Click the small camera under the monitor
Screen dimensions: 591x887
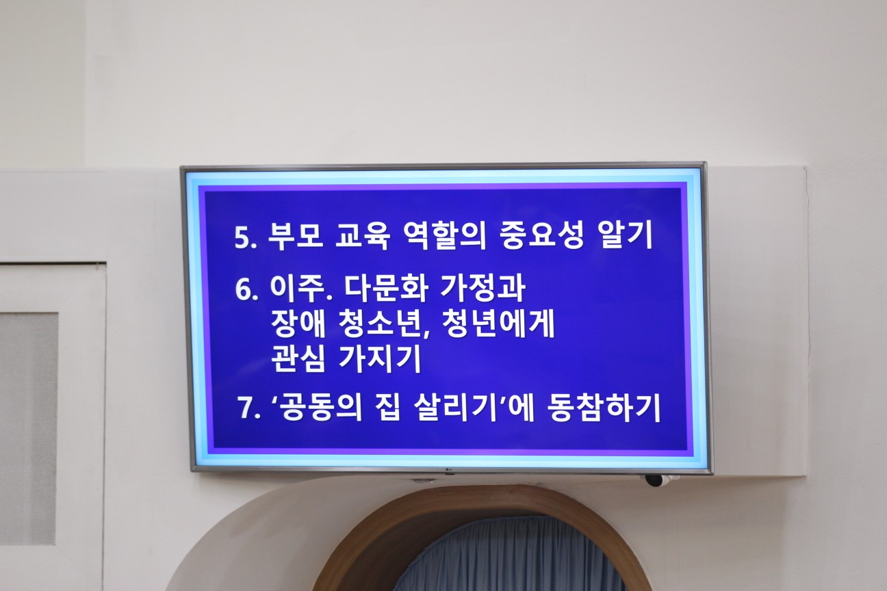tap(654, 480)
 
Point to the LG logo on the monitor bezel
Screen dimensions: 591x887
tap(449, 469)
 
